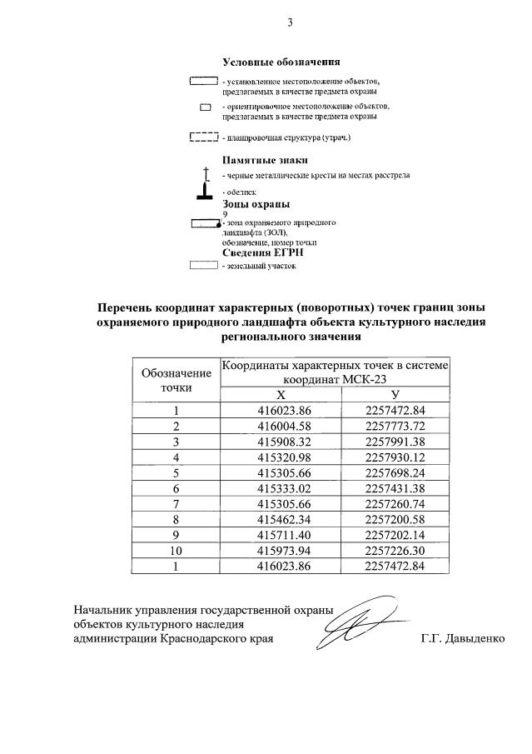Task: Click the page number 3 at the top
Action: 290,22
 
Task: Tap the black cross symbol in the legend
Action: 205,173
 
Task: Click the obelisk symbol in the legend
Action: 205,193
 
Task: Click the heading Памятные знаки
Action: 265,159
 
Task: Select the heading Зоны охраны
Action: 256,203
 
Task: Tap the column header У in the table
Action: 395,394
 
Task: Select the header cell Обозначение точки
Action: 176,379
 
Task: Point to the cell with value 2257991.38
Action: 395,441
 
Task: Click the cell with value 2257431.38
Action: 395,487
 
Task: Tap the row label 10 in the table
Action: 176,550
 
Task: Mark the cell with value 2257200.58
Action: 395,518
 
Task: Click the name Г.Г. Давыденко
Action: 464,639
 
